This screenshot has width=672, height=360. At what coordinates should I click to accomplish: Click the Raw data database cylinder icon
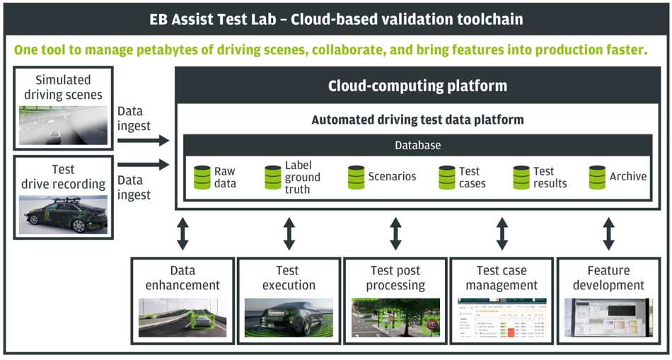point(202,177)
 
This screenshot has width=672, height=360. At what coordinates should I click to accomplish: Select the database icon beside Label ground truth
point(273,177)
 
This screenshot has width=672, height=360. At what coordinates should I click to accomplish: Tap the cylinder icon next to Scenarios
point(356,177)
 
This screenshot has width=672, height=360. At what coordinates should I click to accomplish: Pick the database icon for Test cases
point(447,177)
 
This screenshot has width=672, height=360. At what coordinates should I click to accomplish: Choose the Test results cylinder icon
point(521,177)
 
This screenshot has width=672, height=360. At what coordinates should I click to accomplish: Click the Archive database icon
point(597,177)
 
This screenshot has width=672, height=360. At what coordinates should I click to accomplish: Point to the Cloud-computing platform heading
point(417,86)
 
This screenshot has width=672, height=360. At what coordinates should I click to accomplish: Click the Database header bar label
point(417,145)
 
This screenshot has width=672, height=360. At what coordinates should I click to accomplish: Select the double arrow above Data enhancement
point(183,233)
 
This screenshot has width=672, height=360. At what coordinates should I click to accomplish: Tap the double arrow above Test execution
point(289,233)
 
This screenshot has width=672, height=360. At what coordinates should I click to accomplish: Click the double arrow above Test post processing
point(395,233)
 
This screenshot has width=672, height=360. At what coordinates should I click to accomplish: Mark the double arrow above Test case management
point(502,233)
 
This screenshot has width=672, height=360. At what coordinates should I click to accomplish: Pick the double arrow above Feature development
point(608,233)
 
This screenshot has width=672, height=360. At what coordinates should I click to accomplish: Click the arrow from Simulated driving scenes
point(144,141)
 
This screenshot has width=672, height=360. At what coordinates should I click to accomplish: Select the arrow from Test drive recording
point(144,165)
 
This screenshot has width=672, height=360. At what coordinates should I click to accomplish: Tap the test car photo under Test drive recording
point(63,214)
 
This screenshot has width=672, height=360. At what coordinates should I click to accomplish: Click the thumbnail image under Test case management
point(502,317)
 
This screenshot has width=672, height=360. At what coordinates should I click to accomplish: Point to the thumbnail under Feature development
point(608,317)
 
